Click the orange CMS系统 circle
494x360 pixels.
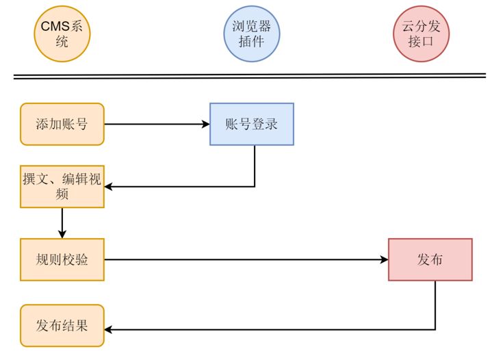[62, 34]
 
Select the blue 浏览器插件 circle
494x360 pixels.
[252, 34]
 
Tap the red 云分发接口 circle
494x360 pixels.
[421, 34]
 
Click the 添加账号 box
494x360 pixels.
[62, 124]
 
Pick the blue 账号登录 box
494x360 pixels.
[251, 124]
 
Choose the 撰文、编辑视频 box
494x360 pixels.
[62, 186]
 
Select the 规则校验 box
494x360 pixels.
[62, 259]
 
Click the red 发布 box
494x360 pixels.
[430, 259]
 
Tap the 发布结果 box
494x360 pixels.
[62, 325]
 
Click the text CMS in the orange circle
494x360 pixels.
[55, 27]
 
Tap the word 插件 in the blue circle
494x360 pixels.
[252, 41]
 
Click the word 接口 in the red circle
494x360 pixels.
[421, 41]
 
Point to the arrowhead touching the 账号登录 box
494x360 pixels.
[205, 124]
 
